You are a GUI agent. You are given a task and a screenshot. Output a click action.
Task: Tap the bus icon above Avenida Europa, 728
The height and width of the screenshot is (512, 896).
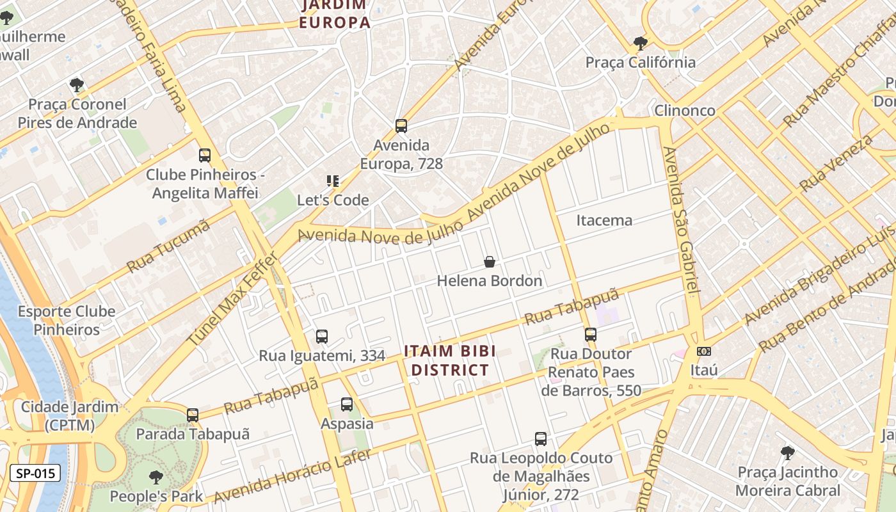[401, 125]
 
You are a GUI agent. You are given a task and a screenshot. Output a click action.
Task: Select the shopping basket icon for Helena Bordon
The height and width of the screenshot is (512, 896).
[490, 262]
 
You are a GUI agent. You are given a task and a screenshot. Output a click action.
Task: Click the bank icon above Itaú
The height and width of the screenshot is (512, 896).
[703, 351]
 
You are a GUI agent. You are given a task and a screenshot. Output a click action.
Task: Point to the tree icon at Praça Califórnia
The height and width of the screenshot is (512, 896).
[640, 44]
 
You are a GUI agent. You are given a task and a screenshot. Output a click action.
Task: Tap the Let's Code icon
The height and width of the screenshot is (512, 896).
[332, 181]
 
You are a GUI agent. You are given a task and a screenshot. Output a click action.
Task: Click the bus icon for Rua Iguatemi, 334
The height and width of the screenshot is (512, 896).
[322, 337]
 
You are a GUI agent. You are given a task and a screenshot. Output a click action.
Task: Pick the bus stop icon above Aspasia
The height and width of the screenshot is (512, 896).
[347, 404]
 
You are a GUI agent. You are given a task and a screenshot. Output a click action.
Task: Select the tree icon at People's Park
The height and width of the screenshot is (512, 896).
[156, 477]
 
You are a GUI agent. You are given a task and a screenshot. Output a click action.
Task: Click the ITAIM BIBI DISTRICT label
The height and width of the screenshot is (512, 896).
[450, 360]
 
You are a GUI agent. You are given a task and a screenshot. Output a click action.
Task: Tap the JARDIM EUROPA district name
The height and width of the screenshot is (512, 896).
[334, 14]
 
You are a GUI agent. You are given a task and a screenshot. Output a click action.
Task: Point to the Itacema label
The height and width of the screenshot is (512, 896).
[604, 220]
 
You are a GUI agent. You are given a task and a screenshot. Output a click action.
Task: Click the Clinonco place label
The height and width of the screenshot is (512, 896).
[685, 111]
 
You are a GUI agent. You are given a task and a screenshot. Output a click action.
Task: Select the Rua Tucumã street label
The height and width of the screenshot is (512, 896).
[168, 245]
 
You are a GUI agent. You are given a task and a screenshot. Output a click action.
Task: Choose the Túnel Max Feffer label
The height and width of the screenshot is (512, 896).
[234, 299]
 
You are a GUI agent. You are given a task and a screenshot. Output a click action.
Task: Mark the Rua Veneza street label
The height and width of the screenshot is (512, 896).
[836, 163]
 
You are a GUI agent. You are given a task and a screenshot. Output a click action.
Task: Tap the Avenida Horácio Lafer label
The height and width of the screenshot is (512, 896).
[292, 476]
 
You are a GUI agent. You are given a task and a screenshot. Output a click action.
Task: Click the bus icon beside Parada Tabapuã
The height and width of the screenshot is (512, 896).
[193, 415]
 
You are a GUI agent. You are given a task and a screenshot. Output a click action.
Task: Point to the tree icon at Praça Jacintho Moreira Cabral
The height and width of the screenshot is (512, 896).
[788, 453]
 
